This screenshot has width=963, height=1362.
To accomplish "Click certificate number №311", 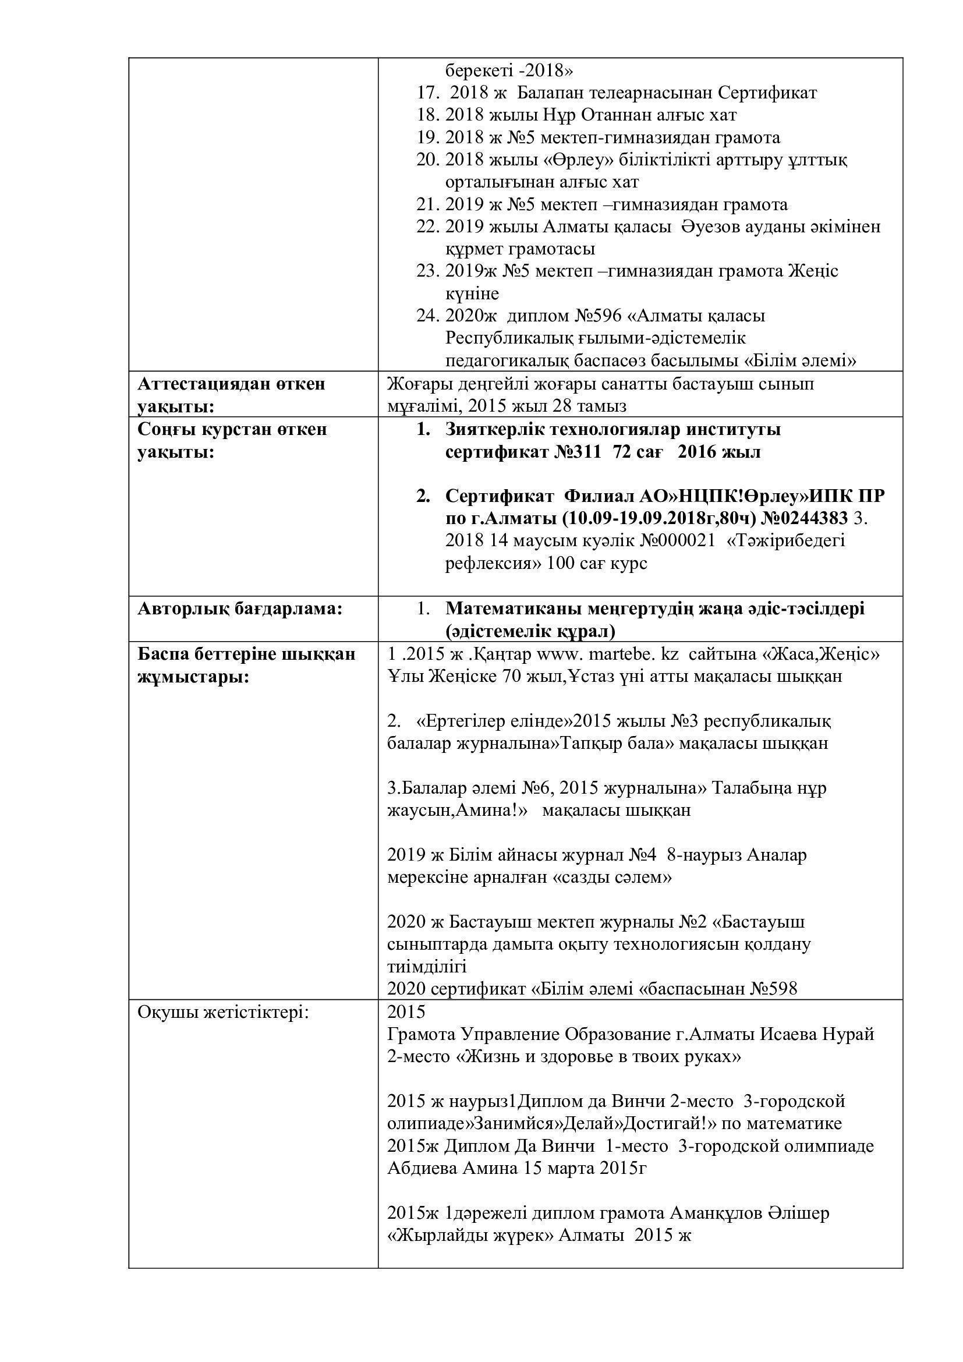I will (x=578, y=452).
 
